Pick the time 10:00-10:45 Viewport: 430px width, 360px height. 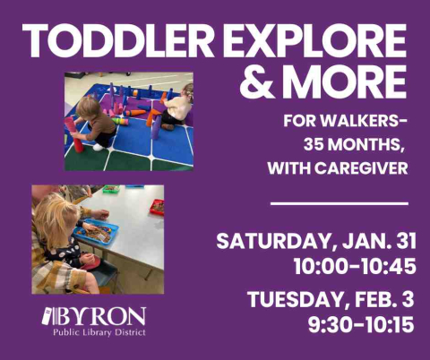click(x=353, y=266)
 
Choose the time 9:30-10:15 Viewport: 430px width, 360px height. click(x=360, y=324)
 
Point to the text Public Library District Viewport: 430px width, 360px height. click(x=99, y=332)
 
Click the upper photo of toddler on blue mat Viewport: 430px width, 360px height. click(x=128, y=121)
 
